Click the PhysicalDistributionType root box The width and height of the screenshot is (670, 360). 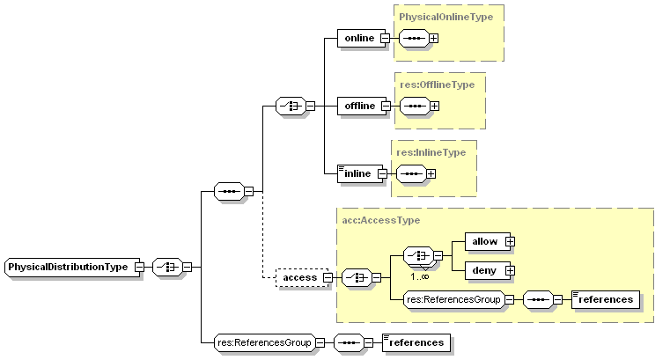70,266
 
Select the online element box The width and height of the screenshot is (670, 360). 358,38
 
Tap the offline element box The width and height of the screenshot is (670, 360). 358,106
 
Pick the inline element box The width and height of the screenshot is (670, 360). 358,173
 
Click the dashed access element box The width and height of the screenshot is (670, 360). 299,277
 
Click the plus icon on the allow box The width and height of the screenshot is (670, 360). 509,241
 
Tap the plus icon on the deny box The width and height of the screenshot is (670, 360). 509,270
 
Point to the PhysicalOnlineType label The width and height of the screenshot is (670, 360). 447,17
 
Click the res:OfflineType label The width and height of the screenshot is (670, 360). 437,84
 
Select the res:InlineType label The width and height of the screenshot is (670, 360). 431,152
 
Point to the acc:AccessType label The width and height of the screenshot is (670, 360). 380,220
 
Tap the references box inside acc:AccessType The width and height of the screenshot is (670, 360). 606,299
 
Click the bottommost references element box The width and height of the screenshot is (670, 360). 416,342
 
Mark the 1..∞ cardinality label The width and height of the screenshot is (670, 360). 419,276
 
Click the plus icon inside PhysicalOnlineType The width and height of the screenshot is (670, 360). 433,38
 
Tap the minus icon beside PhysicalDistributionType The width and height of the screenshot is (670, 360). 139,266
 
